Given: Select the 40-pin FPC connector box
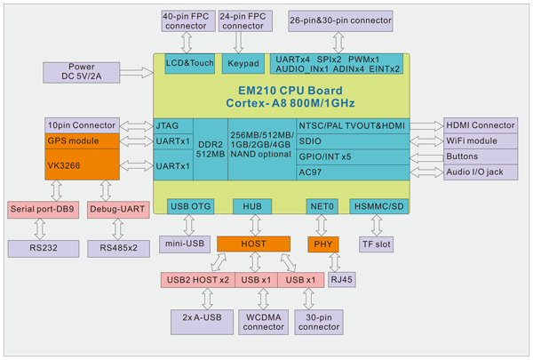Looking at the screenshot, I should (185, 21).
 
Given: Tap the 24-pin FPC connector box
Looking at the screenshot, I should (243, 21).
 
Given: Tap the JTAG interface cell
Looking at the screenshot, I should (171, 126).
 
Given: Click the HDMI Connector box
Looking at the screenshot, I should (481, 126).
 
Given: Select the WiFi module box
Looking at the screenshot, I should (481, 141).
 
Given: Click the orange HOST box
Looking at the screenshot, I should (253, 243).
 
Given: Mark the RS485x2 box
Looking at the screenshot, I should (118, 248).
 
